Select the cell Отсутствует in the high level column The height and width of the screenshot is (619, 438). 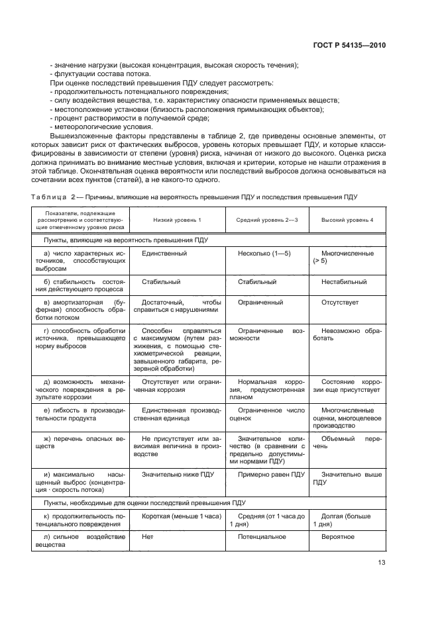click(x=340, y=303)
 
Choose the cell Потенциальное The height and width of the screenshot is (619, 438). click(x=262, y=536)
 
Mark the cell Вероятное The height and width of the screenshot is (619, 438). click(x=337, y=536)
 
